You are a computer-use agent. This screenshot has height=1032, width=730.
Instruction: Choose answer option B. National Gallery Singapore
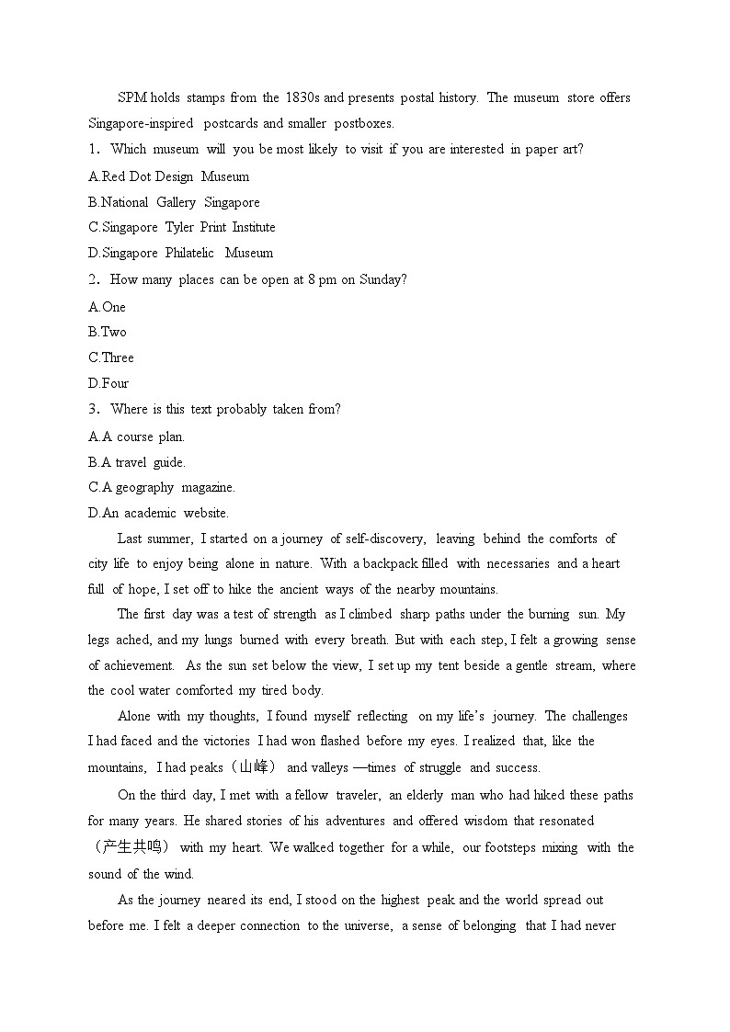pyautogui.click(x=174, y=202)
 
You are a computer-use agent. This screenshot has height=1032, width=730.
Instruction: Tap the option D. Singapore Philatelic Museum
pyautogui.click(x=180, y=253)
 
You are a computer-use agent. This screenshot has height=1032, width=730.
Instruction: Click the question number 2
pyautogui.click(x=93, y=279)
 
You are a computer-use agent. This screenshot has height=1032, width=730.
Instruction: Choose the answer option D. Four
pyautogui.click(x=108, y=383)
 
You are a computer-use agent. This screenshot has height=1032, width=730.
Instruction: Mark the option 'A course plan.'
pyautogui.click(x=136, y=437)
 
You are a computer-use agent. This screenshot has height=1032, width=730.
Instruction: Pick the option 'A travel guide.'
pyautogui.click(x=137, y=463)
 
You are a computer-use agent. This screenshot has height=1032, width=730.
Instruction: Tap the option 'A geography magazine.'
pyautogui.click(x=162, y=488)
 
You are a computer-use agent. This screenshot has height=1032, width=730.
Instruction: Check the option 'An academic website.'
pyautogui.click(x=158, y=514)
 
